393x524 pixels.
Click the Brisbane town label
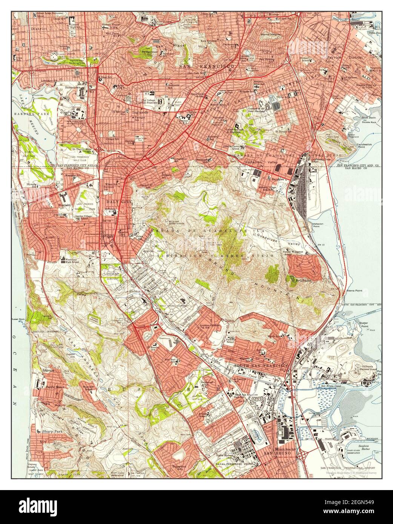(302, 281)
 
